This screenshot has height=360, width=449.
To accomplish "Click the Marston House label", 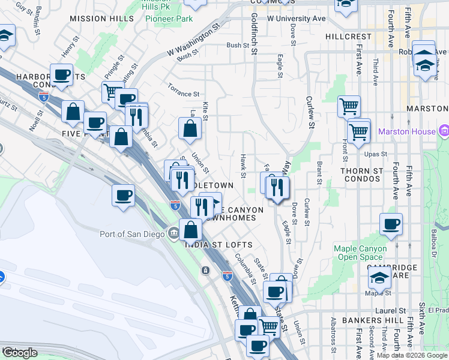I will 410,131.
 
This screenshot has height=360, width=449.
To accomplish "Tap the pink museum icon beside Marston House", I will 444,130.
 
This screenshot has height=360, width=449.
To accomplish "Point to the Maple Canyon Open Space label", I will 361,253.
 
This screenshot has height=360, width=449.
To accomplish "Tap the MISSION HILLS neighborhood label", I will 98,19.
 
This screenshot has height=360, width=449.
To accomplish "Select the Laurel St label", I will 394,311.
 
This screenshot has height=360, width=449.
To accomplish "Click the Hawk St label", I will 243,166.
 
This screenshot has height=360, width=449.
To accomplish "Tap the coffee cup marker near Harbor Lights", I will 61,75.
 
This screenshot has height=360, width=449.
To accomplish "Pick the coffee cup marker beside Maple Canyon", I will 391,224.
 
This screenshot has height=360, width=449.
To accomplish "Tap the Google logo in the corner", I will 20,353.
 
